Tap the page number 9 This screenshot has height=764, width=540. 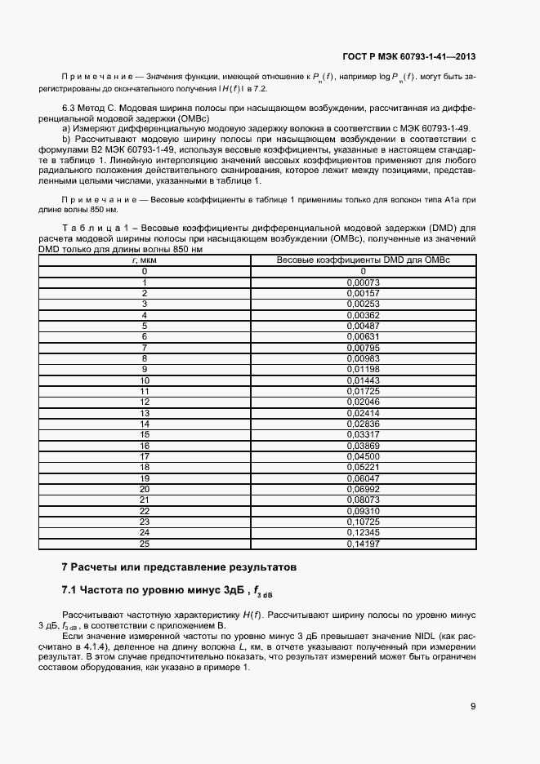tap(473, 707)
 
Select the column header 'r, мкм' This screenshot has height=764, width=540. tap(145, 260)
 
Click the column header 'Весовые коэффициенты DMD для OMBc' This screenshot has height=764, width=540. tap(364, 260)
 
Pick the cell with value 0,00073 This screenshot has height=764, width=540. tap(364, 282)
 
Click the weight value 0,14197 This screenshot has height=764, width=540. tap(364, 543)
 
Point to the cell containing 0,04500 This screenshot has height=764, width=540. tap(364, 455)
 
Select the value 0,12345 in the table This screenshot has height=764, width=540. tap(364, 532)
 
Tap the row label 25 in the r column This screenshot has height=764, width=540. tap(145, 543)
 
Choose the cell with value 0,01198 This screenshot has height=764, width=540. tap(364, 369)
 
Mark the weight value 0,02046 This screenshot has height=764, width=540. tap(364, 402)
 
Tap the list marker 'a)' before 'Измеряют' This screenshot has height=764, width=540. tap(66, 129)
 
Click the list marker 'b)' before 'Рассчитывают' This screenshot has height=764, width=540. tap(66, 140)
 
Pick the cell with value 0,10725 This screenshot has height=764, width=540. tap(364, 521)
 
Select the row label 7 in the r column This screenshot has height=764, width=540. tap(145, 347)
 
